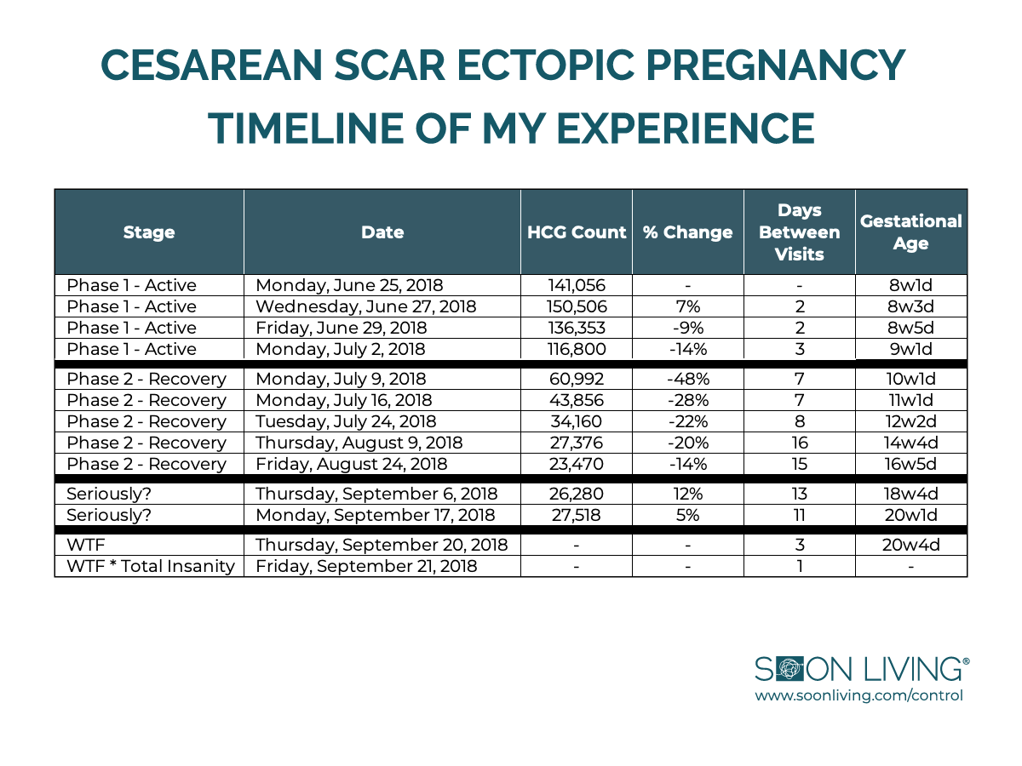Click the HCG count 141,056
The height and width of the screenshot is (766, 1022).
tap(577, 285)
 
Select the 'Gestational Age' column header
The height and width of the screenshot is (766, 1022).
tap(910, 232)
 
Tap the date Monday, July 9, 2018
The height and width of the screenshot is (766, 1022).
tap(341, 379)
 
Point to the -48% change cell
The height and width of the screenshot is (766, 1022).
tap(688, 379)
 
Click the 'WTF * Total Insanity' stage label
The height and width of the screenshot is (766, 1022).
tap(151, 566)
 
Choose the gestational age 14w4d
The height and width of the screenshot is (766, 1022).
tap(910, 443)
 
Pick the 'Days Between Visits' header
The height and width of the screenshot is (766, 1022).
tap(800, 232)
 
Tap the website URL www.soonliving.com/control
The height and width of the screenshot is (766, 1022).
tap(859, 695)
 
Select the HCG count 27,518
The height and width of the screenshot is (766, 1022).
tap(577, 515)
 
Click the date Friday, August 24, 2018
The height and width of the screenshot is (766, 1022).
tap(352, 464)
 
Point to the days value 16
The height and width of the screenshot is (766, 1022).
tap(800, 443)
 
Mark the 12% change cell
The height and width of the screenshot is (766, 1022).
tap(688, 494)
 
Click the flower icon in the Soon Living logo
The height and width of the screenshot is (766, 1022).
tap(790, 670)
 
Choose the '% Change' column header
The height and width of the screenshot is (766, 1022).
tap(687, 232)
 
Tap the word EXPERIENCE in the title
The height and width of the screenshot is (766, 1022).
tap(686, 129)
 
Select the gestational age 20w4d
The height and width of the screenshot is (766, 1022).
tap(910, 545)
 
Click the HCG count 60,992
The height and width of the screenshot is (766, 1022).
tap(577, 379)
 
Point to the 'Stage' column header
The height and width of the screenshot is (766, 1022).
tap(149, 232)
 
